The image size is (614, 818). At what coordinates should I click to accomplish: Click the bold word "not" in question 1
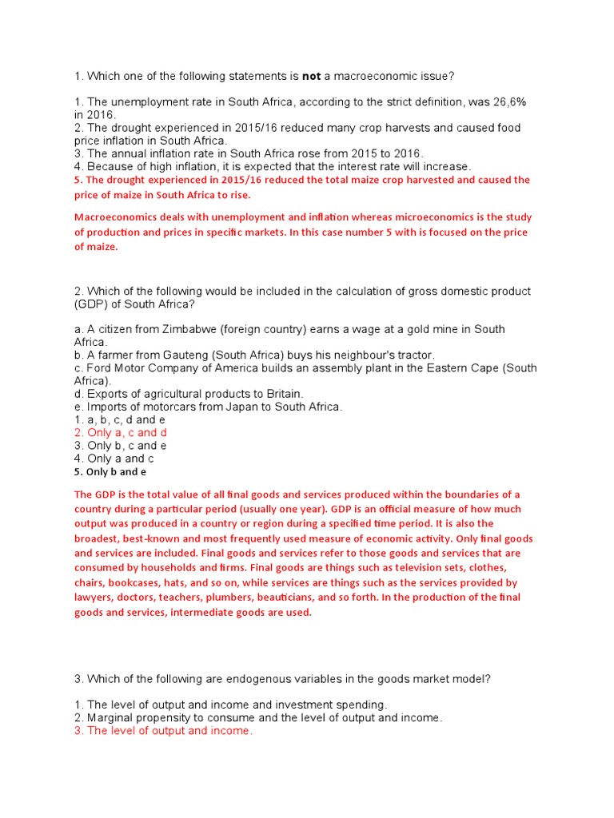point(312,76)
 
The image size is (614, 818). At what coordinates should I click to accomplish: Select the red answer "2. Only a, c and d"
point(121,432)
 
